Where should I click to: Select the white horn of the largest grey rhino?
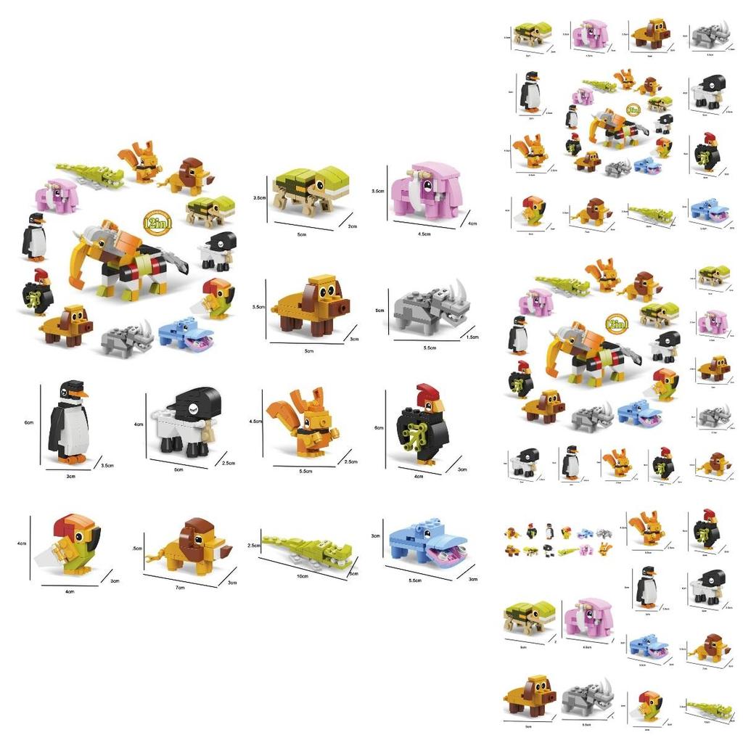pyautogui.click(x=459, y=290)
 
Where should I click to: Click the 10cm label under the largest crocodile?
pyautogui.click(x=303, y=576)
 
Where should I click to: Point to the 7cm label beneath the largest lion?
pyautogui.click(x=180, y=587)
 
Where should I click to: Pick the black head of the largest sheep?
pyautogui.click(x=194, y=403)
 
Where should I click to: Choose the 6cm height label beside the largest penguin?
pyautogui.click(x=30, y=423)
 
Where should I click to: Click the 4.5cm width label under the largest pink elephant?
pyautogui.click(x=424, y=234)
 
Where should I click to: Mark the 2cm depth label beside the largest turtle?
pyautogui.click(x=353, y=226)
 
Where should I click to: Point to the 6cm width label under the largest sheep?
pyautogui.click(x=178, y=469)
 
